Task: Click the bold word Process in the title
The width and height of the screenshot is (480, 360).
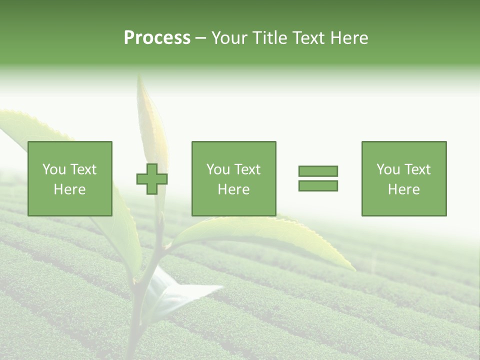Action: tap(157, 38)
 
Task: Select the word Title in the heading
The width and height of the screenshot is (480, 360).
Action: tap(266, 38)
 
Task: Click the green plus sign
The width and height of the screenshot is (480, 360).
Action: tap(152, 179)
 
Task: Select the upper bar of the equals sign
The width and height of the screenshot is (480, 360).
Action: tap(318, 171)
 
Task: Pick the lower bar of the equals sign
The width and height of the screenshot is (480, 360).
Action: tap(318, 186)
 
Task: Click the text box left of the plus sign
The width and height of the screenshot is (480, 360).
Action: tap(70, 178)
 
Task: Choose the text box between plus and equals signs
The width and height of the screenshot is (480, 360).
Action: tap(233, 178)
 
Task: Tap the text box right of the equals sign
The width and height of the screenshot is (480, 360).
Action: tap(404, 178)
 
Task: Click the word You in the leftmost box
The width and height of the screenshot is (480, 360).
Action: tap(54, 169)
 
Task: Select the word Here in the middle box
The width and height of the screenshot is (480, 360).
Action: tap(233, 189)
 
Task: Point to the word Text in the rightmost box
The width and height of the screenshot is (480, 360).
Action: tap(417, 169)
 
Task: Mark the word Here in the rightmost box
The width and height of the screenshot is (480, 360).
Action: tap(404, 189)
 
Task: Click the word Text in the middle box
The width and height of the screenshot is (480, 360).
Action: tap(247, 169)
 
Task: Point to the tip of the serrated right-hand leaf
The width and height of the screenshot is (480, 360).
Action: tap(353, 270)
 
